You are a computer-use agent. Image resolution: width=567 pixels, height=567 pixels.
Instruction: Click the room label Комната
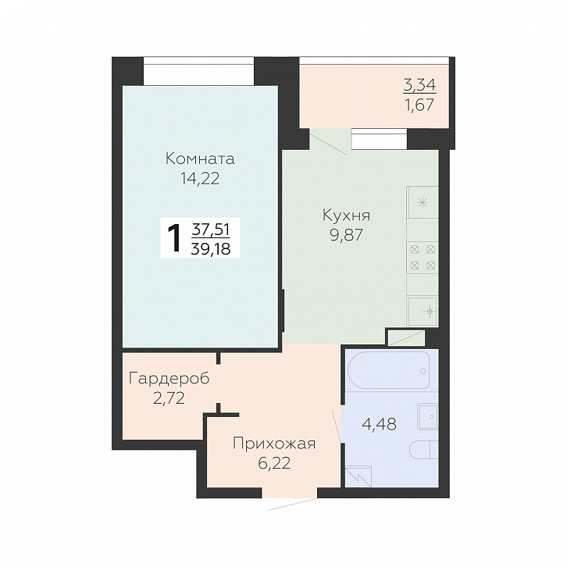200,159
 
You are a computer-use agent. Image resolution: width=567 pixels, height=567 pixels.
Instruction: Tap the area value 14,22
200,179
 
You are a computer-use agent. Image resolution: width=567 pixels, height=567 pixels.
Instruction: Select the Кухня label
347,216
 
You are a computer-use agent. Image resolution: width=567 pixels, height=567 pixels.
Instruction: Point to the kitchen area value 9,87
346,235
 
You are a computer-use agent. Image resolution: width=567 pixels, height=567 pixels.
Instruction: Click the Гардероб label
169,379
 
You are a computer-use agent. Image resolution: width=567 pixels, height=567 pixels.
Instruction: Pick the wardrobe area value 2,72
169,398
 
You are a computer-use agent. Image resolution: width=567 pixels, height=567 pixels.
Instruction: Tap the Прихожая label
274,444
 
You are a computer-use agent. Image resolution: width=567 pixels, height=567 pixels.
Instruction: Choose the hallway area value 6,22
274,463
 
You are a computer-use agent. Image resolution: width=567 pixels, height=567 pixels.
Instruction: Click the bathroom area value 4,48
380,424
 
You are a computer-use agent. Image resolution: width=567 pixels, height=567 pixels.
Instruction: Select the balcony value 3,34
420,85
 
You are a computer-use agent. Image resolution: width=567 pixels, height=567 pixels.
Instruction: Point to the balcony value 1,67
420,105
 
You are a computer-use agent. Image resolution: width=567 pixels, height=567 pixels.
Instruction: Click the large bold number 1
175,238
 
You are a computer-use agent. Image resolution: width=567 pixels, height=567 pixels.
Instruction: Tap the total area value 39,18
211,249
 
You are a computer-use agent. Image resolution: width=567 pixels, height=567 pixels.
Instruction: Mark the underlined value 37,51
211,230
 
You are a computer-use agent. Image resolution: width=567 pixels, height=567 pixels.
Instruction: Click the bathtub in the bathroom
389,370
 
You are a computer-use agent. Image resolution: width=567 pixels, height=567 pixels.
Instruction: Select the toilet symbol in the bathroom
424,450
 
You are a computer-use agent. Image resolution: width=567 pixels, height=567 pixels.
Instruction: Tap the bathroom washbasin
428,416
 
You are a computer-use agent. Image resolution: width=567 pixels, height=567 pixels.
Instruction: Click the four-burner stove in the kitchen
423,258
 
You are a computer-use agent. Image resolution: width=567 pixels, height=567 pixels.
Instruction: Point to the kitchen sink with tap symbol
423,311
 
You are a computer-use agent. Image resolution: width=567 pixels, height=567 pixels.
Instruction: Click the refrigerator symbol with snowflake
423,202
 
